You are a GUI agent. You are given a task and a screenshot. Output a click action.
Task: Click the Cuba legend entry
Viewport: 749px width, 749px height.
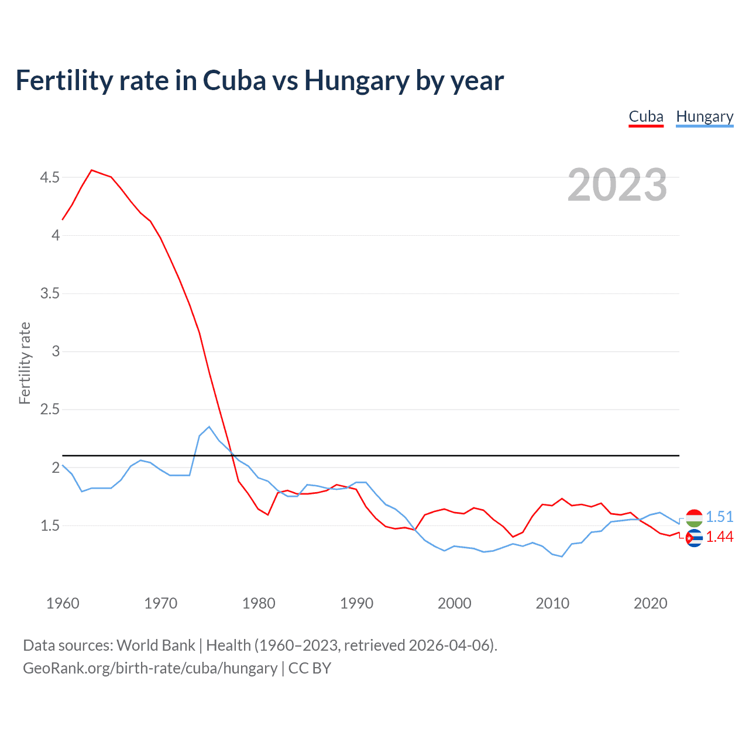(646, 116)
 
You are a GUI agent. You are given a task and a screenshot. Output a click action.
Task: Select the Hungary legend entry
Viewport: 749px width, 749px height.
(705, 116)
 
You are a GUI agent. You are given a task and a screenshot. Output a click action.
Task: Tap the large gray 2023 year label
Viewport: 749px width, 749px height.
(617, 185)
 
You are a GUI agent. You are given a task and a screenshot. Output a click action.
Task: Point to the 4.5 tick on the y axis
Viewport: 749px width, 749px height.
(50, 177)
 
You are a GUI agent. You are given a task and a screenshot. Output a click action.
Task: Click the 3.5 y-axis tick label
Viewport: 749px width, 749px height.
(50, 293)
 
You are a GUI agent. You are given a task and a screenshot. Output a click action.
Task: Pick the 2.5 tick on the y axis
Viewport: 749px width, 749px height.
(50, 409)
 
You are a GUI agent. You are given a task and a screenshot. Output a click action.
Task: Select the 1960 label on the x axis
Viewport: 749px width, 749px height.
(63, 603)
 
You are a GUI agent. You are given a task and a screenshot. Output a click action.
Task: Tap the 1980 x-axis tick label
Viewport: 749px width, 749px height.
(259, 603)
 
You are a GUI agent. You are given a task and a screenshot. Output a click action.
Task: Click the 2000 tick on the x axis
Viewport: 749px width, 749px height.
(455, 603)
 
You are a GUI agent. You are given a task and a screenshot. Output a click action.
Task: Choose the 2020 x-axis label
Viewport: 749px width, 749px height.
(650, 603)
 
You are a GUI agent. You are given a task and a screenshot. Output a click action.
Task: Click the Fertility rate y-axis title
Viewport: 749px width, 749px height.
(25, 363)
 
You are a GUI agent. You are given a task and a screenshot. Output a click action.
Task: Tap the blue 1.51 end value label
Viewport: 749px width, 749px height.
(720, 517)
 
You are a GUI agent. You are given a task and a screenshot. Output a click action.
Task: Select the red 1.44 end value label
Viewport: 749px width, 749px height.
(720, 537)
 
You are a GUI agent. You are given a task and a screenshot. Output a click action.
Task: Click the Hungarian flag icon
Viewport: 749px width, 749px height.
(694, 518)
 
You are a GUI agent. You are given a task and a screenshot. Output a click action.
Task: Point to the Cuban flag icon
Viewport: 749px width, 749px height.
(694, 538)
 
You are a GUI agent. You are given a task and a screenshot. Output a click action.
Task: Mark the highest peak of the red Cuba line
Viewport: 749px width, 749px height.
(92, 170)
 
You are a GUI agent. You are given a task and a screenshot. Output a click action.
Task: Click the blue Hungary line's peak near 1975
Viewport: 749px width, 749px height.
(209, 427)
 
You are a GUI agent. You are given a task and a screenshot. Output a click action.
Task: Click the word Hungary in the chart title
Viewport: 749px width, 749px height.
(356, 80)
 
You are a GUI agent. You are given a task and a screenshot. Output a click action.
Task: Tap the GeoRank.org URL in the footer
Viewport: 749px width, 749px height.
(150, 668)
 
